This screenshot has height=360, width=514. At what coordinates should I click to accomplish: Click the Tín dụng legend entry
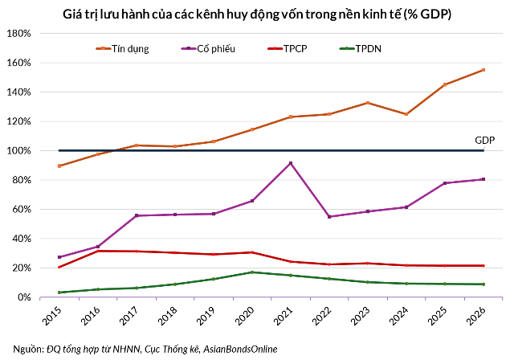(122, 49)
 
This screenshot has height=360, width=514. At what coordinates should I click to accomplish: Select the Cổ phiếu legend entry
(208, 49)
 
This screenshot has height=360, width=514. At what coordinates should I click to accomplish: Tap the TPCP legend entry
(288, 49)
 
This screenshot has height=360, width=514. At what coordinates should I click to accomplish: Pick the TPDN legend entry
(360, 49)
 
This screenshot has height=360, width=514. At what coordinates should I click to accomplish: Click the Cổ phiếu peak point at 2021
(291, 163)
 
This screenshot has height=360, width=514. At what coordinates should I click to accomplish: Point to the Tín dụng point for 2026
(483, 70)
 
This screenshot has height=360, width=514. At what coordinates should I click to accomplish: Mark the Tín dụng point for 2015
(59, 166)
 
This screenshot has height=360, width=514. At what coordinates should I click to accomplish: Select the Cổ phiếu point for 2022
(329, 217)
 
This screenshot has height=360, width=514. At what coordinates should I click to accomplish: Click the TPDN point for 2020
(252, 272)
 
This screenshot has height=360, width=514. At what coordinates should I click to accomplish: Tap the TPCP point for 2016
(98, 252)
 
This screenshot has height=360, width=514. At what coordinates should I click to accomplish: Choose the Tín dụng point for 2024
(406, 114)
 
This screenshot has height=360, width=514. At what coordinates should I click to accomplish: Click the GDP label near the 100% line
(485, 141)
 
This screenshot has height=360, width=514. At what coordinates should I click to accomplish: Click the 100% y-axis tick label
(18, 151)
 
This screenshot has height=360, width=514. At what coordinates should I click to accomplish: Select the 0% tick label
(23, 297)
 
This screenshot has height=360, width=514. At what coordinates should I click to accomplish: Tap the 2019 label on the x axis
(206, 316)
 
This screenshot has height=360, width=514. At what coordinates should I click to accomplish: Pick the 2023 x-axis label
(361, 316)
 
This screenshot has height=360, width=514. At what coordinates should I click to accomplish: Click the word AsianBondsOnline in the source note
(240, 350)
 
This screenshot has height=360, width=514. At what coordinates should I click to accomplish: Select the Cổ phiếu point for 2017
(137, 215)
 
